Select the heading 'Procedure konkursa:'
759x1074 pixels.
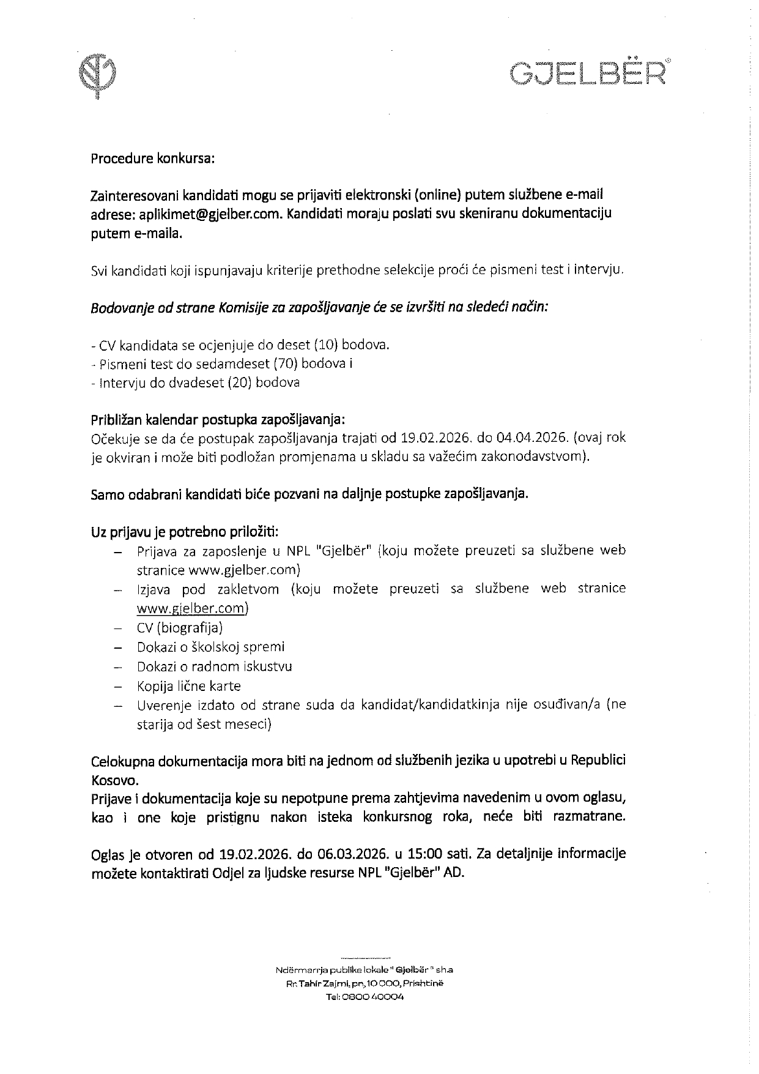152,158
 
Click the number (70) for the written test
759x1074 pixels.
291,364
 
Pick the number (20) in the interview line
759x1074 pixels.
233,382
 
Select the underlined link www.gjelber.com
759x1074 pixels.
192,608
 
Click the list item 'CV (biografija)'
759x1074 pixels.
179,628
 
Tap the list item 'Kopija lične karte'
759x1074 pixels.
188,686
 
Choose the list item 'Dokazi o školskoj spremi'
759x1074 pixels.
210,647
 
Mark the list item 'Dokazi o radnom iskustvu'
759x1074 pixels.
214,666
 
